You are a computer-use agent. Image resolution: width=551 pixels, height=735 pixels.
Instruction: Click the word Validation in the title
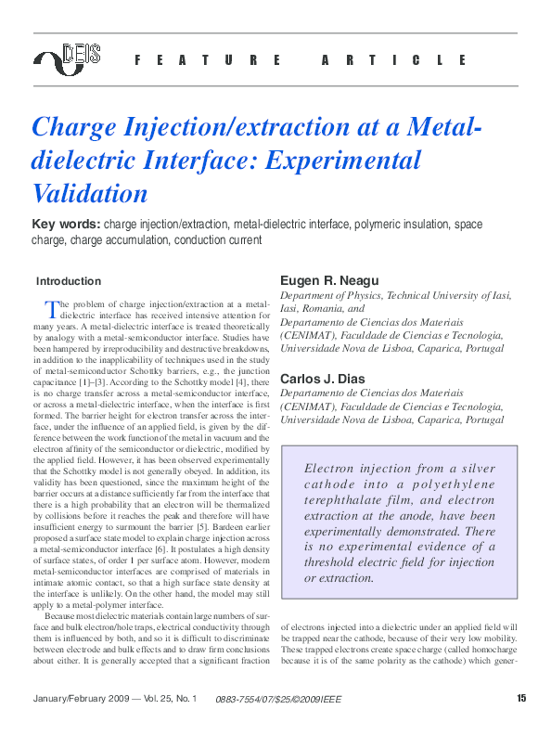click(90, 193)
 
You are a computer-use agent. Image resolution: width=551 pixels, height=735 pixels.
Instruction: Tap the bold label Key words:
click(66, 225)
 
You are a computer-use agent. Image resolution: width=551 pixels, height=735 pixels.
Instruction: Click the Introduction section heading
click(69, 281)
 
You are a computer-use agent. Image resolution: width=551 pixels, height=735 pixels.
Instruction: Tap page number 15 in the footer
click(521, 698)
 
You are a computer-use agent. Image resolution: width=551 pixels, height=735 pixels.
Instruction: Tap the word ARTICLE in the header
click(395, 60)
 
